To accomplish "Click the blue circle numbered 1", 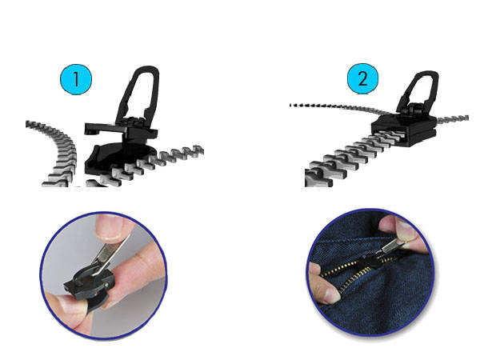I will click(x=76, y=80).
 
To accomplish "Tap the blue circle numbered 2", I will click(x=363, y=80).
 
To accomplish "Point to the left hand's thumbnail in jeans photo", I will click(x=326, y=294).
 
